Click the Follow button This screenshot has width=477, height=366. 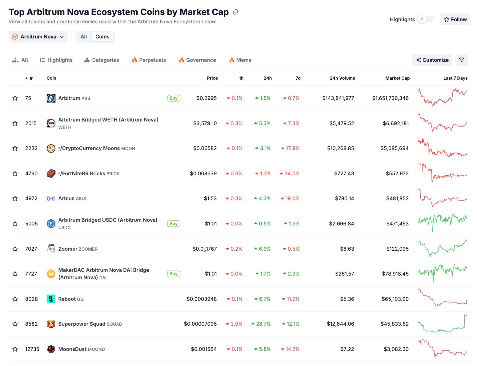click(455, 19)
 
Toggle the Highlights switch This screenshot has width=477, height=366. click(426, 19)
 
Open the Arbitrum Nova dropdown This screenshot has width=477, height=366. click(38, 37)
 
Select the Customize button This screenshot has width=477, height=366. click(432, 60)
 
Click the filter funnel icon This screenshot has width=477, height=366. click(461, 60)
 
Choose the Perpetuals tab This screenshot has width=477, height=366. click(149, 60)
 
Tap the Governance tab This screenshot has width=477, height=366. click(197, 60)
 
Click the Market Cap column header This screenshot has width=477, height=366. click(397, 78)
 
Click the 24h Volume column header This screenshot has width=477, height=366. click(342, 78)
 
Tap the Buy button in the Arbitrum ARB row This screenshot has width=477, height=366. click(174, 98)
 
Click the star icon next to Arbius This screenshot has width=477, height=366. click(15, 198)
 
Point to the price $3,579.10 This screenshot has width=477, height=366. click(205, 123)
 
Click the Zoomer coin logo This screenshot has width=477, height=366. click(51, 249)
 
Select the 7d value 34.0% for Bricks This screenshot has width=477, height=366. click(291, 173)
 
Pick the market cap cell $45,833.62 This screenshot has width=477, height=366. click(395, 324)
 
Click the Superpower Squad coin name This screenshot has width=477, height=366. click(82, 324)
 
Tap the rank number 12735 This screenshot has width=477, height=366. click(32, 349)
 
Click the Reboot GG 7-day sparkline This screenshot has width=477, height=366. click(442, 299)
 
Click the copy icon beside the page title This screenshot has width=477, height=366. click(236, 12)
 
